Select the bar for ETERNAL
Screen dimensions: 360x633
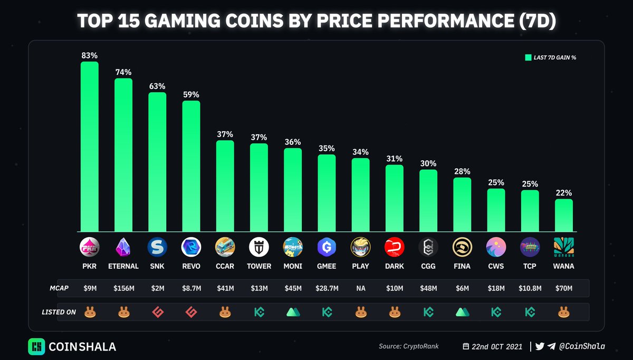click(123, 155)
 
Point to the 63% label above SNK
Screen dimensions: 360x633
click(157, 86)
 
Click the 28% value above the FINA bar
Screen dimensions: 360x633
click(462, 171)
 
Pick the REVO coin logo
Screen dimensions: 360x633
click(191, 247)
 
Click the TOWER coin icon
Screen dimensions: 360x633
click(259, 247)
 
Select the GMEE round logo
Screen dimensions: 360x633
click(327, 247)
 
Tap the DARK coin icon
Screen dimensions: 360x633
click(395, 247)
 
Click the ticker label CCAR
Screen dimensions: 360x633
click(225, 266)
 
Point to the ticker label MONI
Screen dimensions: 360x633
click(293, 266)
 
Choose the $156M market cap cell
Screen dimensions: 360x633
click(123, 288)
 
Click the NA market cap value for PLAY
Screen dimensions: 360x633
click(361, 288)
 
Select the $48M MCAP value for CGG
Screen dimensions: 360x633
click(428, 288)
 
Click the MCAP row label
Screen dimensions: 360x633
click(59, 288)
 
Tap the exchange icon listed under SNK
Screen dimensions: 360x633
click(157, 312)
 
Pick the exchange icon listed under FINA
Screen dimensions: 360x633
click(462, 312)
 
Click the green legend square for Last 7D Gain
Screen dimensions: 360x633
click(527, 57)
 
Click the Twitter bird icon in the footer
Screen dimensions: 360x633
click(540, 346)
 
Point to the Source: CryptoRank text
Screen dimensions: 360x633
click(408, 346)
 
